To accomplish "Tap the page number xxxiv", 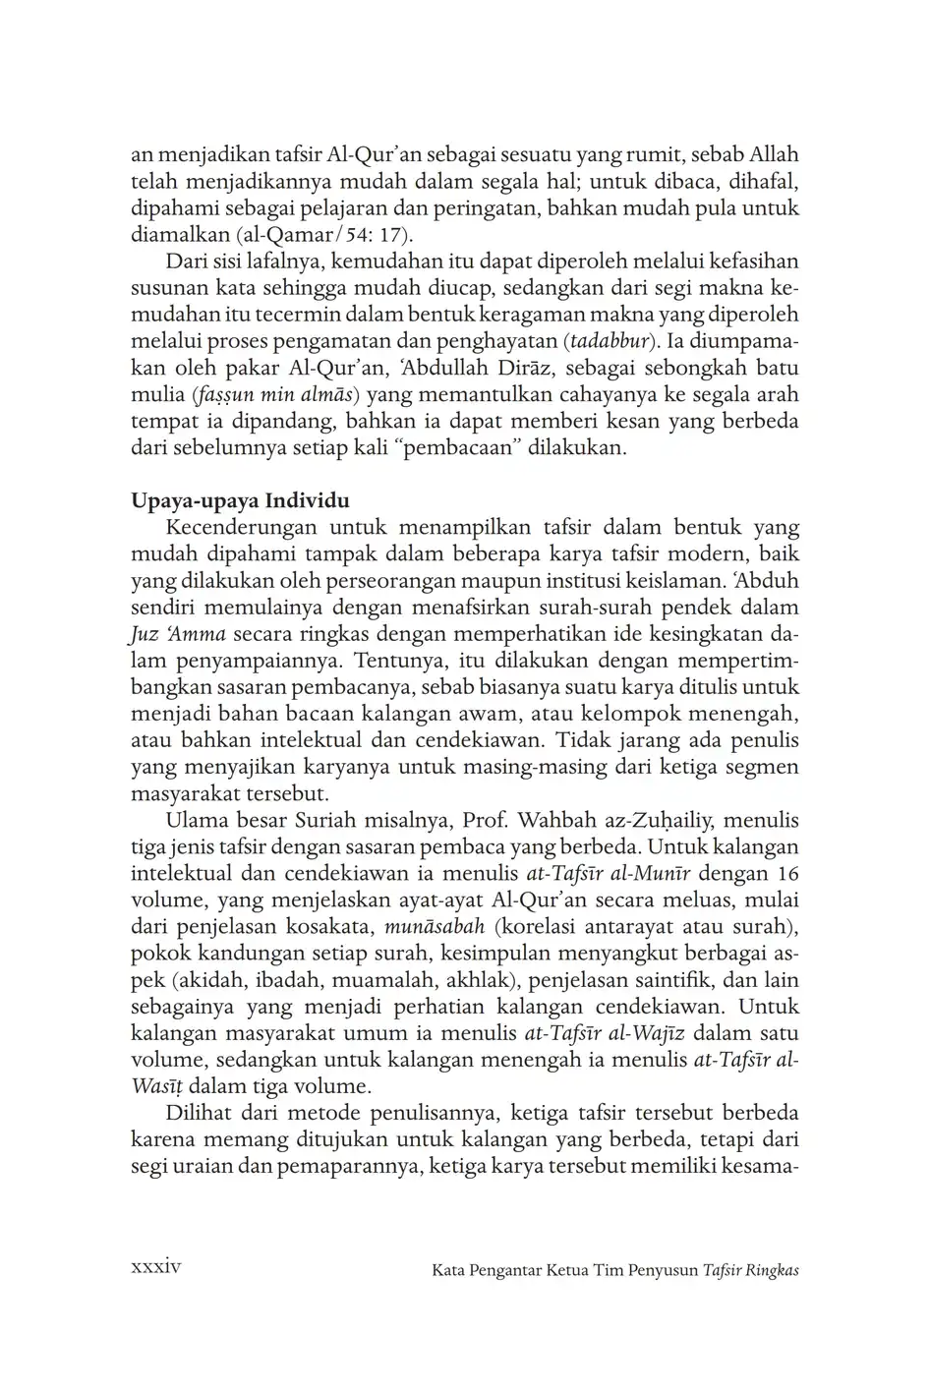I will click(x=156, y=1268).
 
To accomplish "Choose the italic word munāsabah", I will click(x=435, y=926).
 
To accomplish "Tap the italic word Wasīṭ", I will click(x=155, y=1086).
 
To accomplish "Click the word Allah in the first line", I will click(x=774, y=155).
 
